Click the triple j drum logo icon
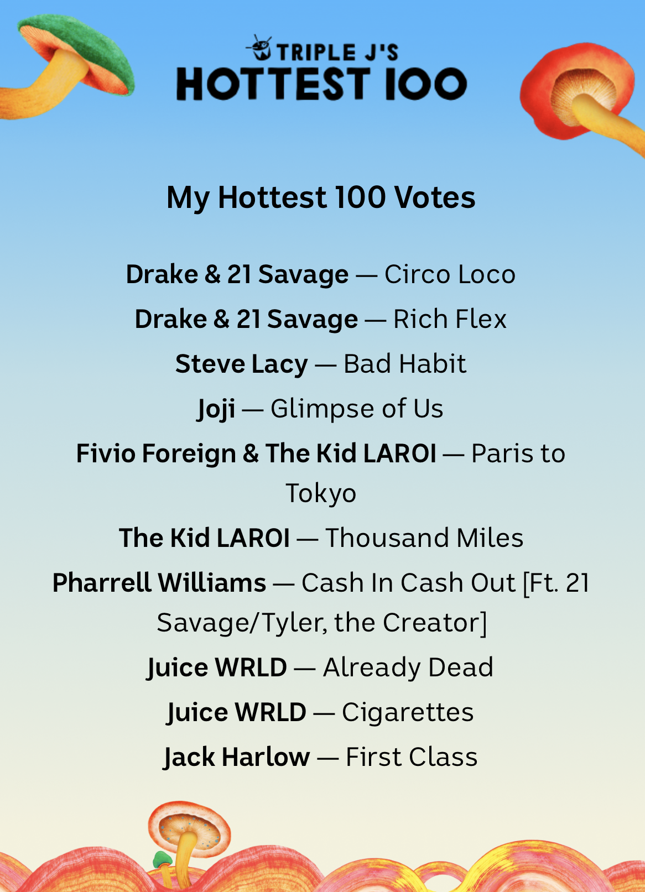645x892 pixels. point(259,48)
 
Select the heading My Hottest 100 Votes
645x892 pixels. point(321,197)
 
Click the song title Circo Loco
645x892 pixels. point(450,274)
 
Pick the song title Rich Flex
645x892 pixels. point(450,319)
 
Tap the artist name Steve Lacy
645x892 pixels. point(241,364)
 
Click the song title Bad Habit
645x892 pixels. point(405,363)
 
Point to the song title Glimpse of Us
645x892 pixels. point(357,409)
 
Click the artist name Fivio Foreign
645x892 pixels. point(156,453)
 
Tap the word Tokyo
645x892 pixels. point(321,494)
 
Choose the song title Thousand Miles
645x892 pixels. point(424,538)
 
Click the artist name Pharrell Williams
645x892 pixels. point(159,583)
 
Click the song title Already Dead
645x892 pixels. point(408,668)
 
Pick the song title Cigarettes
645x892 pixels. point(408,712)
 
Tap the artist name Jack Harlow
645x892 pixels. point(237,757)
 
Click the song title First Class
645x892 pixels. point(412,757)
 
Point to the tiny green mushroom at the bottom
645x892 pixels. point(163,860)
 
